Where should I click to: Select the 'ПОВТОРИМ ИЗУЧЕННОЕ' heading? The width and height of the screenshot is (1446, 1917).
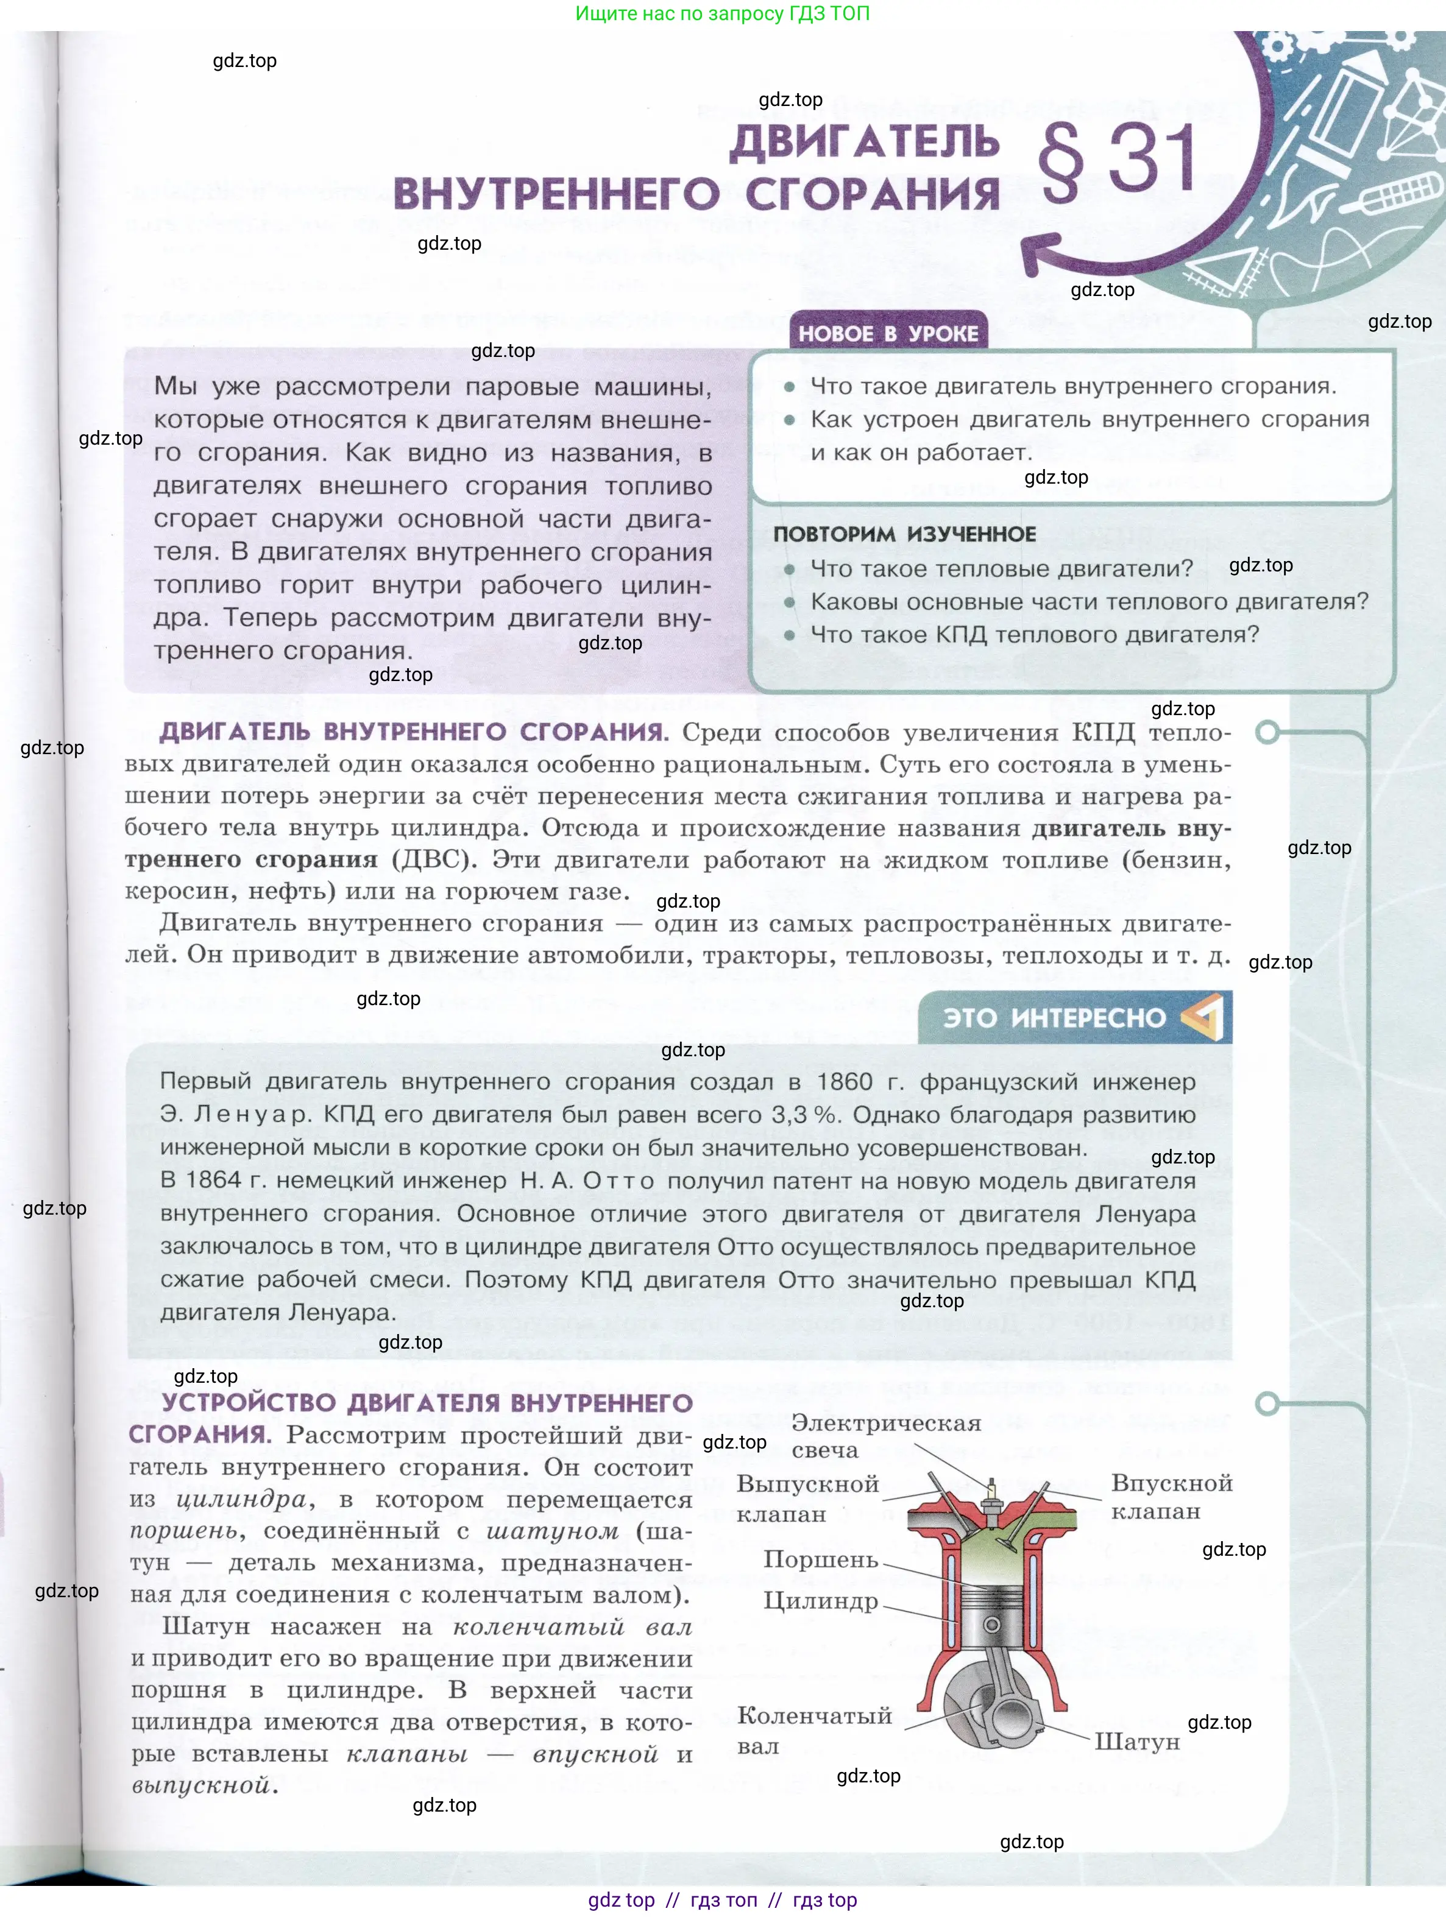(x=904, y=534)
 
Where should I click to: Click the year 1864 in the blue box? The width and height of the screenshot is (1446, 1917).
(x=213, y=1181)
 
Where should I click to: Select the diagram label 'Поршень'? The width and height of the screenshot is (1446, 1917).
(x=820, y=1559)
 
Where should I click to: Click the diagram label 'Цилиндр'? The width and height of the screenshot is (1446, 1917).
(x=820, y=1601)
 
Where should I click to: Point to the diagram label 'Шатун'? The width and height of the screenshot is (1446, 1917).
(x=1136, y=1741)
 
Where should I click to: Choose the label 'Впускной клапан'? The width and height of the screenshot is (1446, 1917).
(x=1171, y=1497)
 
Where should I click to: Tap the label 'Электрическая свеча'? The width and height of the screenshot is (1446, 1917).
(x=885, y=1436)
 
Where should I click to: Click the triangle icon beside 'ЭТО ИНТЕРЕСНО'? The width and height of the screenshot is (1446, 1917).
(x=1204, y=1017)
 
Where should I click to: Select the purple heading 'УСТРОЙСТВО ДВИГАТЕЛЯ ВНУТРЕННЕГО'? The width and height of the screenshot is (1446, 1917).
(x=427, y=1402)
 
